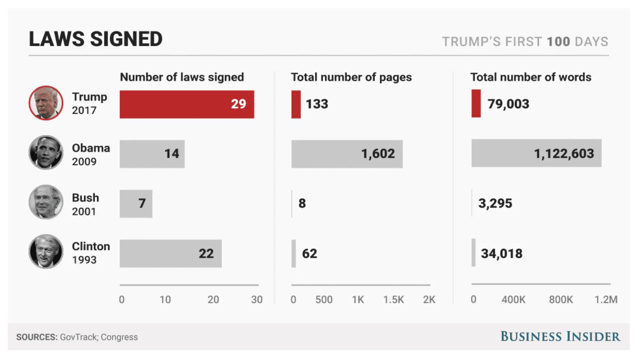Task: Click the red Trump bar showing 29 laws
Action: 187,104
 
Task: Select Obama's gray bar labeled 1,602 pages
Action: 347,154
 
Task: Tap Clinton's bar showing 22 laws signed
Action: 170,253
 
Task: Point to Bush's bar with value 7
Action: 136,204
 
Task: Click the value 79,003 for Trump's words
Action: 508,104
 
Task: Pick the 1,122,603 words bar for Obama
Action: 536,153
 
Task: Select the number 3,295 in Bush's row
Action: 495,203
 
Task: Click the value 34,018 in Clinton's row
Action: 501,253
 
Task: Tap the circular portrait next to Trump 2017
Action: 46,103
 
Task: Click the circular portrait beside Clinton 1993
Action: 46,252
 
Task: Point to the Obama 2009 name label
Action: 91,154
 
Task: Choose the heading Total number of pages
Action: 351,77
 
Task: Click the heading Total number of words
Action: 531,77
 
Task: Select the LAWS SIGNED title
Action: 96,39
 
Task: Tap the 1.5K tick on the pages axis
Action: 393,300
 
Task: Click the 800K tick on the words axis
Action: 561,300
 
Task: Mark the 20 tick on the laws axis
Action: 213,300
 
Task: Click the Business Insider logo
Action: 560,336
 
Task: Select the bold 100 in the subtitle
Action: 558,42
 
